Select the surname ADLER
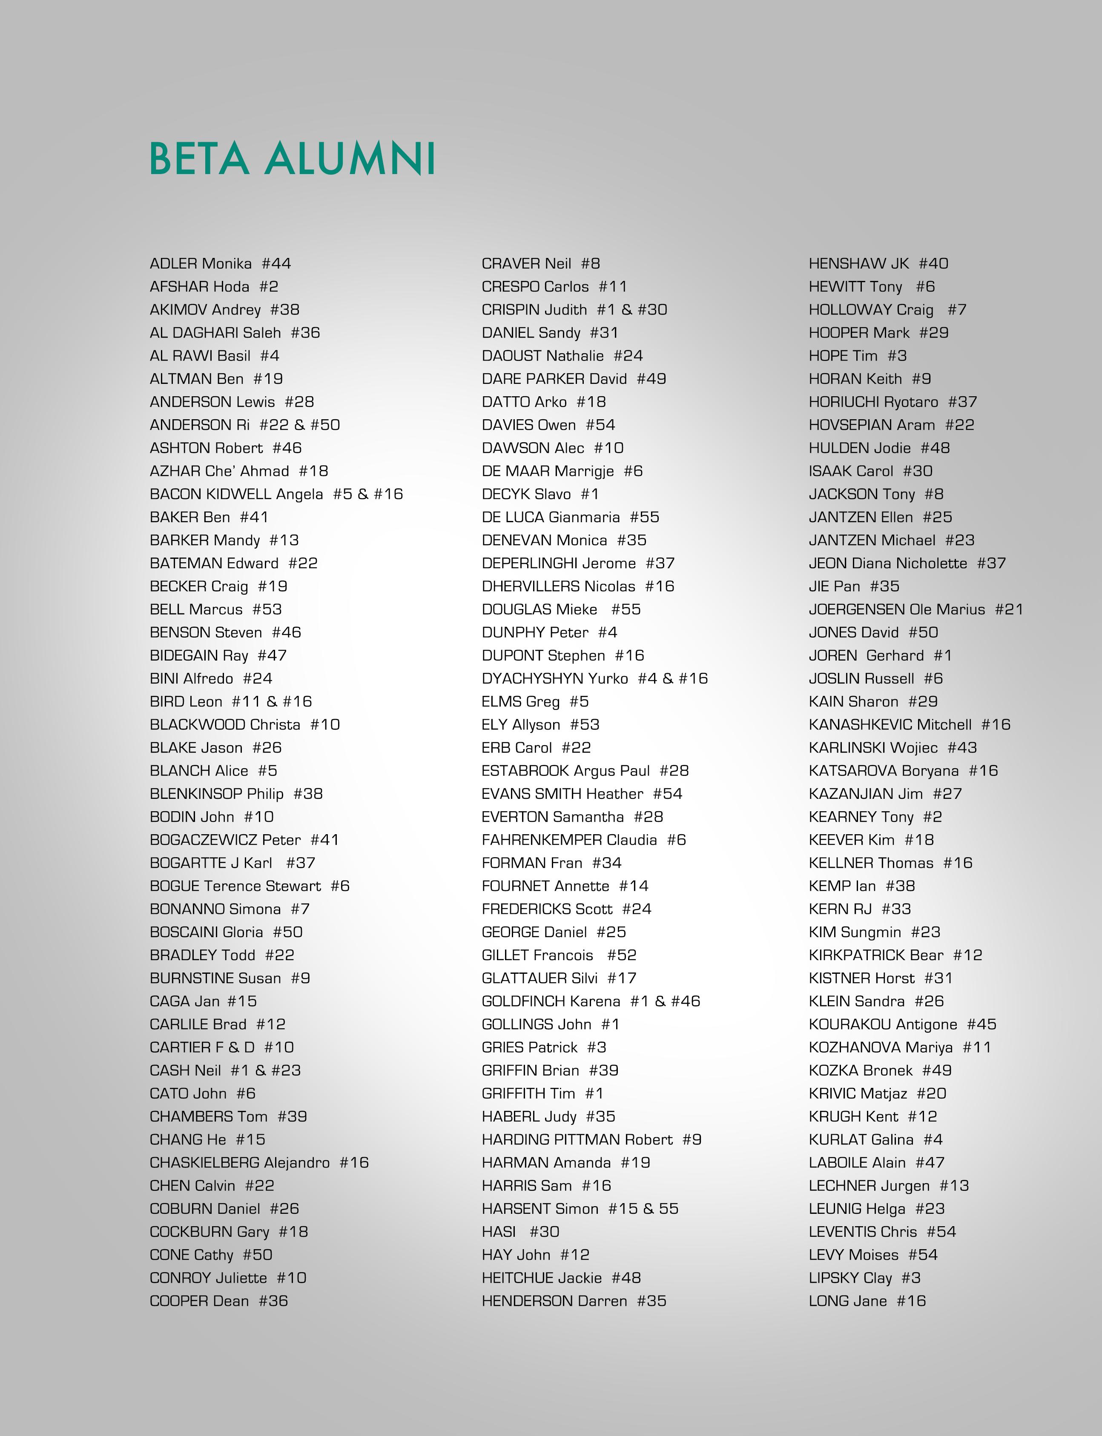[x=173, y=263]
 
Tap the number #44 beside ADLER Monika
[x=276, y=263]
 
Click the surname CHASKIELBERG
[x=204, y=1163]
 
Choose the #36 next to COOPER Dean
[x=273, y=1301]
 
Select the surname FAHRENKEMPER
[x=541, y=840]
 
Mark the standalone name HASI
[x=499, y=1232]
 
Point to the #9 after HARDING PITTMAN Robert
[x=692, y=1140]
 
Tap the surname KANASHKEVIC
[x=859, y=724]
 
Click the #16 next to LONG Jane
[x=911, y=1301]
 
